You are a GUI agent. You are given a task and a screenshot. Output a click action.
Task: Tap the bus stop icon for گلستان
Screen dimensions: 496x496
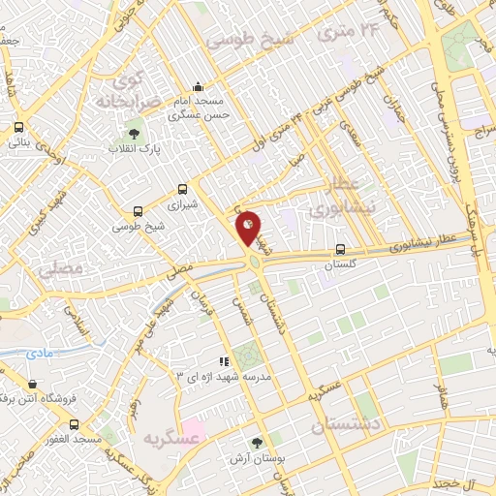(340, 248)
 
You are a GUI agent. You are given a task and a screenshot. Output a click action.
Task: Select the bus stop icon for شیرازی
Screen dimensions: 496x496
(184, 191)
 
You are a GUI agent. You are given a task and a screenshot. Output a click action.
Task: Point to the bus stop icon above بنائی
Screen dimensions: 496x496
(18, 127)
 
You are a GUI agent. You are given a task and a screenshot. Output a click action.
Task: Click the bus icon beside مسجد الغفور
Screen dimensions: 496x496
(75, 424)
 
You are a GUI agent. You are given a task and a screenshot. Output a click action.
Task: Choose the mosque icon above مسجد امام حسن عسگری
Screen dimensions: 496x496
(199, 86)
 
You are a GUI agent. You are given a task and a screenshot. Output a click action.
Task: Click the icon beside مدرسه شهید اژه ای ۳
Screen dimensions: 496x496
(224, 361)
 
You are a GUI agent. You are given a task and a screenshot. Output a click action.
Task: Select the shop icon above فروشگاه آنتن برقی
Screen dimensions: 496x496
(34, 385)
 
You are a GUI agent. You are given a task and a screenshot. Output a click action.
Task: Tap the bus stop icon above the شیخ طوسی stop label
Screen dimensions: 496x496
(138, 211)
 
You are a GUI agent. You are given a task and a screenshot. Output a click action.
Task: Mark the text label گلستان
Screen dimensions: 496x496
(339, 263)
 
